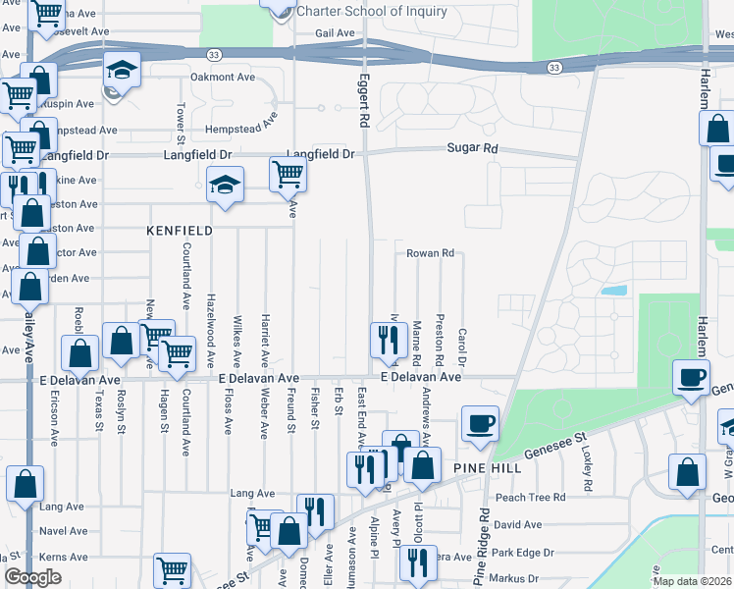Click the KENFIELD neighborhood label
pos(180,230)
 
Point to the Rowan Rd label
pos(431,252)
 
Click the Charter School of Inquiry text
pos(371,12)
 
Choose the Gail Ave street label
pos(335,32)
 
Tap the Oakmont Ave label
pos(222,77)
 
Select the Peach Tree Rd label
pos(530,498)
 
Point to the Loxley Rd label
pos(587,471)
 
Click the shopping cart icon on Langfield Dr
pos(288,174)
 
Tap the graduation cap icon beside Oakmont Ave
pos(123,70)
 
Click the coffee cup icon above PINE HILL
pos(480,423)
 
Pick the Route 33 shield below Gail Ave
pos(212,54)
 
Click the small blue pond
pos(614,291)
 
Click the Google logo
pos(32,577)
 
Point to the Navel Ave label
pos(63,530)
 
